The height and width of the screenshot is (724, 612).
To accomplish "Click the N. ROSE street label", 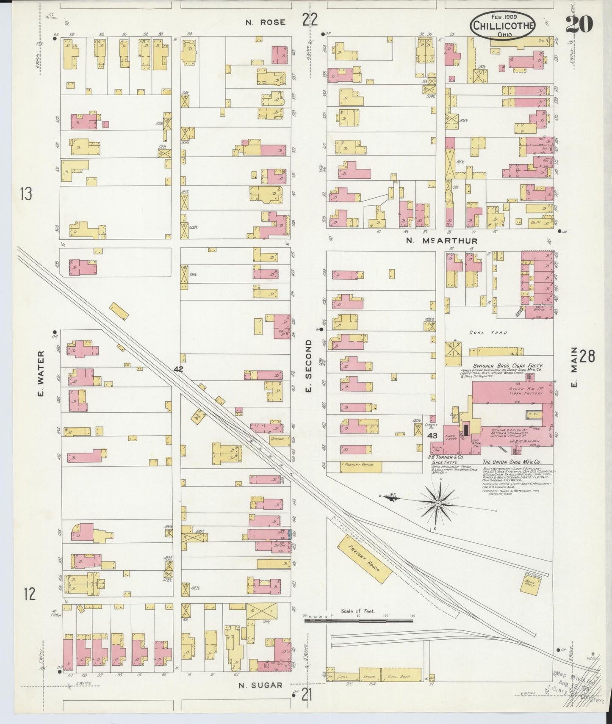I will click(260, 22).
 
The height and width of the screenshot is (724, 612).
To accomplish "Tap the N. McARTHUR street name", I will click(442, 241).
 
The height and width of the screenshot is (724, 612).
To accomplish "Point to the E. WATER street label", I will click(41, 374).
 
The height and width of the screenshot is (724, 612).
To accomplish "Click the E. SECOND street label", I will click(308, 365).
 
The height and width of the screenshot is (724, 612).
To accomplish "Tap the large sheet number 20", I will click(579, 24).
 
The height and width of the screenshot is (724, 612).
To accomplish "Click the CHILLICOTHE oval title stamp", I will click(503, 25).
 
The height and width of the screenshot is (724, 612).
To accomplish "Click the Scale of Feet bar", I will click(358, 621).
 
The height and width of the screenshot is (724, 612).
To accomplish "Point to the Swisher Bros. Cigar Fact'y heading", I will click(508, 365).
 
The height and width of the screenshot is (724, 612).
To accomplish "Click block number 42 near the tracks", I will click(178, 369).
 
